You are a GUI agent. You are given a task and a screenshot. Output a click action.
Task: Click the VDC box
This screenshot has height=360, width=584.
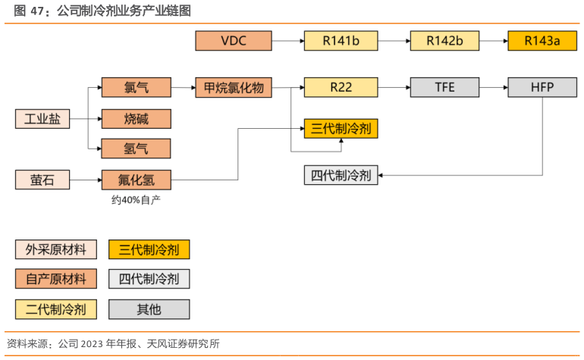(234, 41)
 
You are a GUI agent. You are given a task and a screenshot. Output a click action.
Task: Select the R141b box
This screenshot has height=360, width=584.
(341, 41)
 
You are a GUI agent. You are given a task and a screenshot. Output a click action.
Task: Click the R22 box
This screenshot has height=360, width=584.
(341, 87)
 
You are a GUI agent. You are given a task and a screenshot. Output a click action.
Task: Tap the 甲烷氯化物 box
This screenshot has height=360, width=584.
(234, 87)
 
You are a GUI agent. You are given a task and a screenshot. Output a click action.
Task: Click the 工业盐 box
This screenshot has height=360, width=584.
(42, 118)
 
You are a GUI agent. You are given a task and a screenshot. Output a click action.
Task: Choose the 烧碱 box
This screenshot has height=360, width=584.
(136, 118)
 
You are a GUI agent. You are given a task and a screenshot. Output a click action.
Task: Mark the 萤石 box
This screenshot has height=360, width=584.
(42, 180)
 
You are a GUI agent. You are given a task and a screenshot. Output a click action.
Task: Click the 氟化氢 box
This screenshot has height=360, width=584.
(136, 180)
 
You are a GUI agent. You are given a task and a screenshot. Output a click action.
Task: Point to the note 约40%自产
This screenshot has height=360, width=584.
(136, 200)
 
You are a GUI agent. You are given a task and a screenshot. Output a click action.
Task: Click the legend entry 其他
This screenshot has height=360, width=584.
(149, 309)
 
